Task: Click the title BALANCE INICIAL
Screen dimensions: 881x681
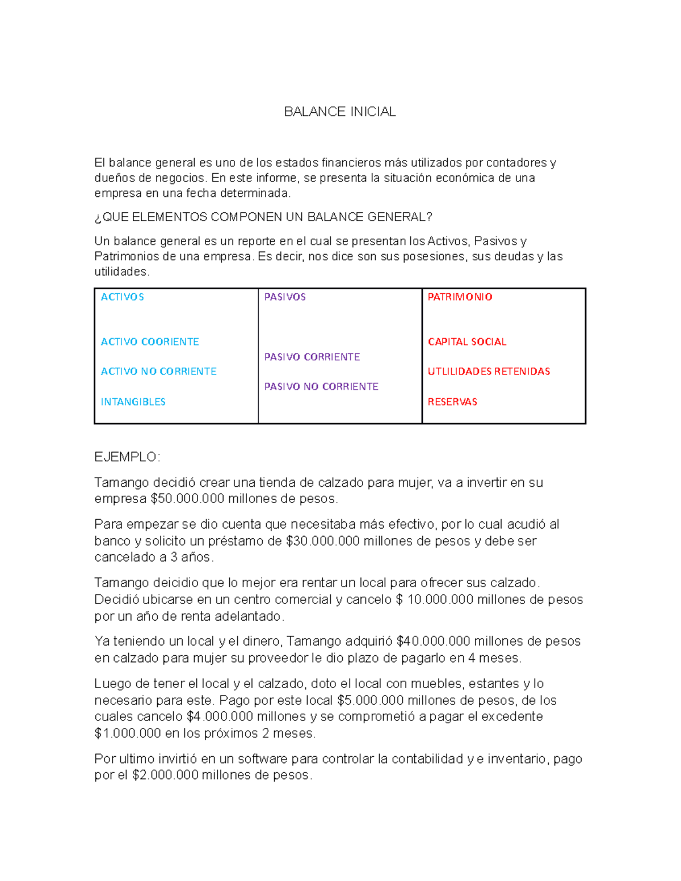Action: pyautogui.click(x=339, y=112)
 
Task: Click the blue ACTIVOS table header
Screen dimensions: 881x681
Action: pyautogui.click(x=122, y=297)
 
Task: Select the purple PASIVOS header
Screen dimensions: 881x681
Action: pyautogui.click(x=285, y=297)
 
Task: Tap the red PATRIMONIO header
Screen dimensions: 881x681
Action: pyautogui.click(x=460, y=297)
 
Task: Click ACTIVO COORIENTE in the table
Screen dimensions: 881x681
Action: pyautogui.click(x=150, y=342)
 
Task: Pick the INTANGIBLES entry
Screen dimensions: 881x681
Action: pyautogui.click(x=133, y=402)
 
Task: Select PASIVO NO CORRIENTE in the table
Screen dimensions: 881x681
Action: pyautogui.click(x=321, y=386)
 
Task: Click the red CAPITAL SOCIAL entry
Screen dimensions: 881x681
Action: pyautogui.click(x=467, y=342)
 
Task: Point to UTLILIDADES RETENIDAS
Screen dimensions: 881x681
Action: pyautogui.click(x=489, y=371)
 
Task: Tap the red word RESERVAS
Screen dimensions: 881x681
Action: pyautogui.click(x=452, y=402)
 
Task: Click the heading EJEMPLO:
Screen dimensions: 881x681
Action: pyautogui.click(x=127, y=457)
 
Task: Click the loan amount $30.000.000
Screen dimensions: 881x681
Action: pyautogui.click(x=322, y=541)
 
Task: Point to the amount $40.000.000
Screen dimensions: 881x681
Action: pyautogui.click(x=433, y=642)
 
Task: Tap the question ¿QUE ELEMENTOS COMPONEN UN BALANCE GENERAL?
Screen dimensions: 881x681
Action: pyautogui.click(x=263, y=217)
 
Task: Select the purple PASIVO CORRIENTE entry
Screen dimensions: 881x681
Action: pyautogui.click(x=312, y=357)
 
